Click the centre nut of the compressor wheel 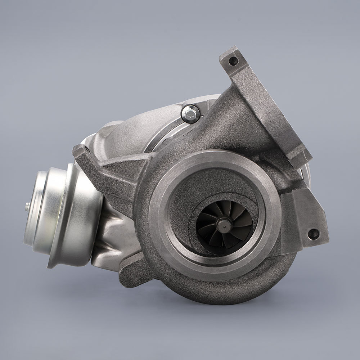click(226, 226)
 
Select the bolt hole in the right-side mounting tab click(313, 234)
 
